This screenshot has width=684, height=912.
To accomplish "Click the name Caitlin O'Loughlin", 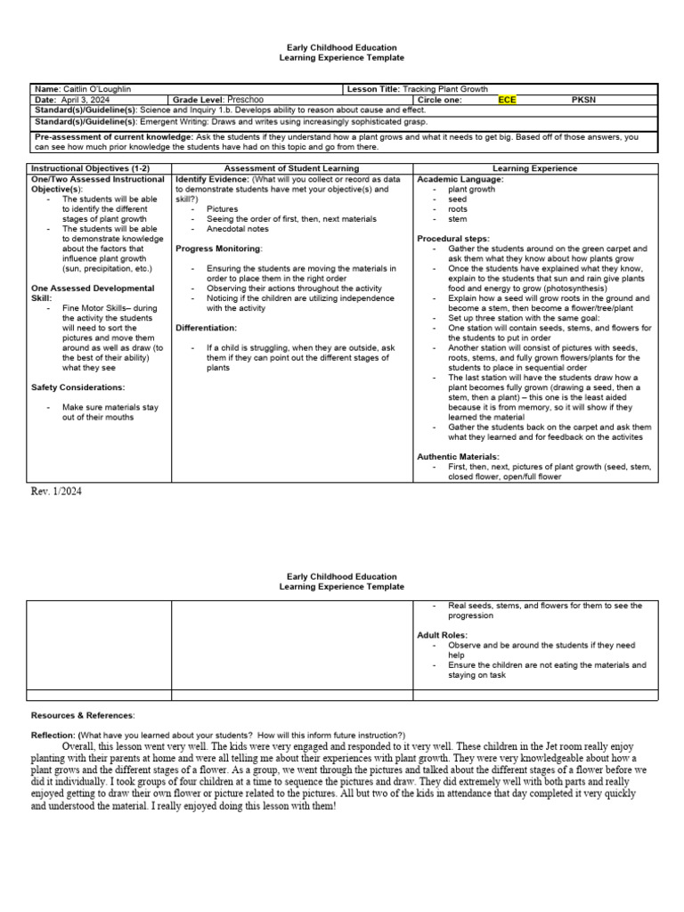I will tap(100, 89).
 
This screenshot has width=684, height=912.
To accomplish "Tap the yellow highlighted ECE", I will tap(507, 100).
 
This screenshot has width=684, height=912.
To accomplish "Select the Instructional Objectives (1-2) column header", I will tap(78, 167).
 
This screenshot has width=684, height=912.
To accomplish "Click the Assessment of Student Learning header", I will tap(292, 167).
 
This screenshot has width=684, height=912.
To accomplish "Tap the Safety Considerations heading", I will tap(78, 387).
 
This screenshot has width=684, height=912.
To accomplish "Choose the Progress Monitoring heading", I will tap(219, 248).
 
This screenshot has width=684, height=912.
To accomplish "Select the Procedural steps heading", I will tap(455, 239).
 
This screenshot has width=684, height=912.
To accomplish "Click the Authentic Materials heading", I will tap(458, 456).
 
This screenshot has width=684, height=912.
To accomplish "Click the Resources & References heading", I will tap(83, 715).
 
